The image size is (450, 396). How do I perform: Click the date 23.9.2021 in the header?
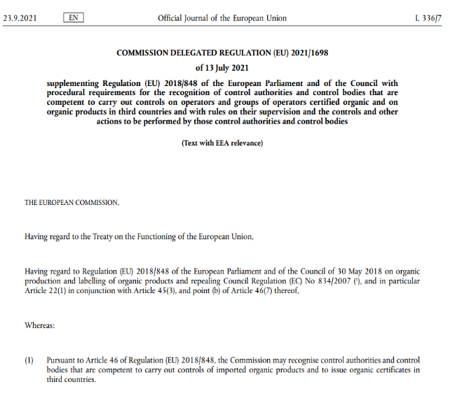(20, 17)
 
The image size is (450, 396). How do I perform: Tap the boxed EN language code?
(73, 17)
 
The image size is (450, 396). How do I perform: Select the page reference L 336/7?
(430, 17)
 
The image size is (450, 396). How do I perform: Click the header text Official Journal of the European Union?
(221, 17)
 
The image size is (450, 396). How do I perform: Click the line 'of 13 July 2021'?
(223, 68)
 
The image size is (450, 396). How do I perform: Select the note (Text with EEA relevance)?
(222, 143)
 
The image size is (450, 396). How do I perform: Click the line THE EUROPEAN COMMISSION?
(71, 202)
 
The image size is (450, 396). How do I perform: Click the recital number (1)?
(29, 360)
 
